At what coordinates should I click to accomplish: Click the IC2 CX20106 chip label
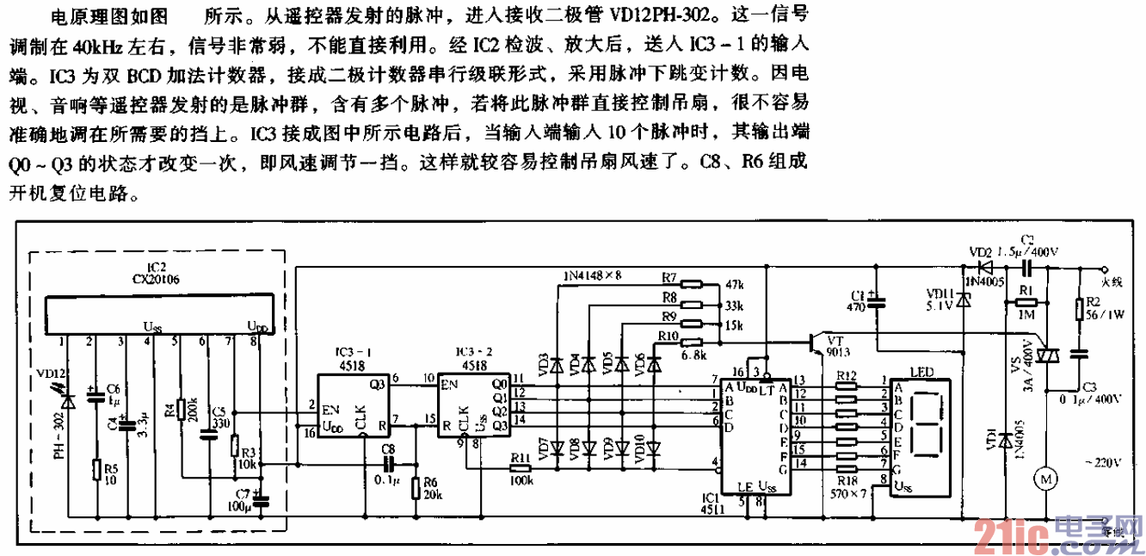(156, 274)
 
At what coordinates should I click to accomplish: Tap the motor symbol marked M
(1048, 475)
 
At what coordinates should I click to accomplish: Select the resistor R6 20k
(416, 488)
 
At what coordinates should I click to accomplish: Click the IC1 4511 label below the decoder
(712, 503)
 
